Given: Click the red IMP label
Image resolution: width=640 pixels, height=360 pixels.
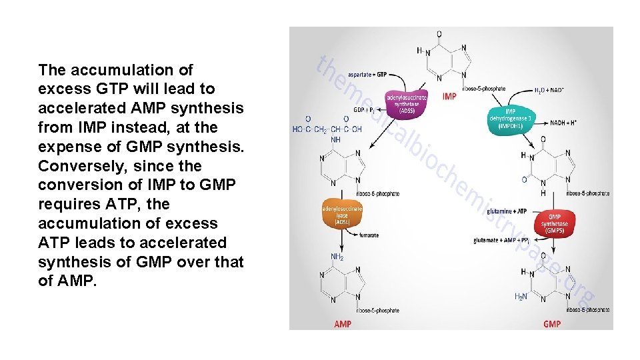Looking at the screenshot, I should [x=449, y=97].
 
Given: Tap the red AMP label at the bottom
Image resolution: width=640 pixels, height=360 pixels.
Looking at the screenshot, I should [x=342, y=324].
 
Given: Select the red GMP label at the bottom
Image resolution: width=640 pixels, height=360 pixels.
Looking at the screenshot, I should [x=552, y=324].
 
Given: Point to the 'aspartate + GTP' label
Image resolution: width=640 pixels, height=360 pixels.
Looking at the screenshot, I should [x=367, y=75].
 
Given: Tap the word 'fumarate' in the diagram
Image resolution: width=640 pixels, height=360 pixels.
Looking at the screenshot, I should [x=369, y=235].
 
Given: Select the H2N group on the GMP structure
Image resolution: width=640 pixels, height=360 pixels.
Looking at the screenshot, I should [x=521, y=296].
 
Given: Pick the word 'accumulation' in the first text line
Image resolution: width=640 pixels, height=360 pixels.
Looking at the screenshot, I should [x=119, y=69].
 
